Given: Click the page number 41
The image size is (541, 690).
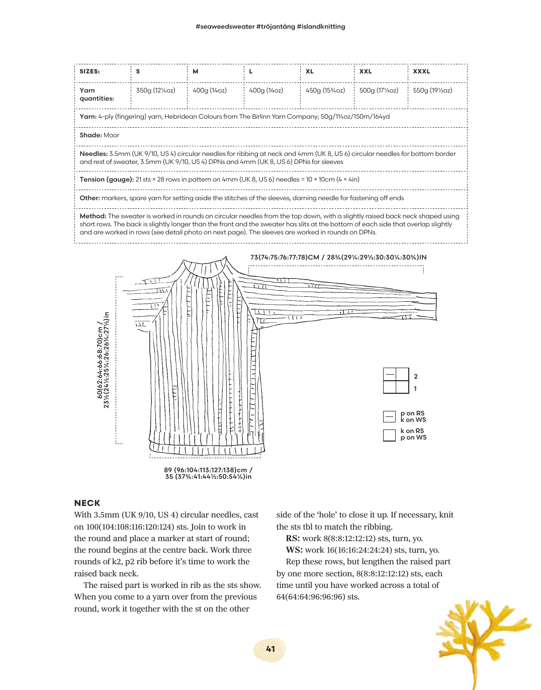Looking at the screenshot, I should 270,649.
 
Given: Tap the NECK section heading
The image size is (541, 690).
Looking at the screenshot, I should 87,503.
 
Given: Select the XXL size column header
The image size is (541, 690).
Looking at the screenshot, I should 366,71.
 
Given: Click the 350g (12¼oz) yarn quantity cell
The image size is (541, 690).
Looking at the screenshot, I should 156,91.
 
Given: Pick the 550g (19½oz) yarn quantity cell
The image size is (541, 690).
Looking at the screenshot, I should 432,91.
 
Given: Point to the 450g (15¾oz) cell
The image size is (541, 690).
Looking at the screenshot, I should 325,91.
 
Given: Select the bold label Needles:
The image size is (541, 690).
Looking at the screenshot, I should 94,154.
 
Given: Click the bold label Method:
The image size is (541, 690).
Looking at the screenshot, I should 93,216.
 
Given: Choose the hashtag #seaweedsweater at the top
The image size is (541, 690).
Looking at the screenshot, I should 225,27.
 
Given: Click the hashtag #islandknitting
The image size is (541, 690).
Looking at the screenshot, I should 321,27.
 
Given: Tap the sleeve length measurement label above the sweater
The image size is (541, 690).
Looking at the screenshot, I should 338,257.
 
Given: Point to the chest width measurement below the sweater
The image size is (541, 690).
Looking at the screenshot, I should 208,473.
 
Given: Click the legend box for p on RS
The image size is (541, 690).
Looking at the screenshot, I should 389,416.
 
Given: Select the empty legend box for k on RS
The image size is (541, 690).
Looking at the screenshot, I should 389,435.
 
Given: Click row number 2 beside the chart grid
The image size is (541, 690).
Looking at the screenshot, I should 416,377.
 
